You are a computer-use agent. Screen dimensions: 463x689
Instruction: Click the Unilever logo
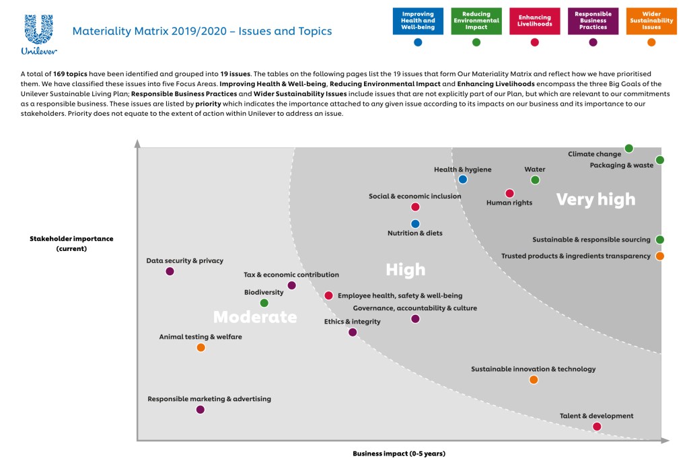click(x=38, y=34)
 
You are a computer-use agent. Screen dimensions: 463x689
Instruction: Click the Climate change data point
click(x=629, y=148)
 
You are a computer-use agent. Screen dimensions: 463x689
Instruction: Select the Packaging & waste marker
click(x=660, y=160)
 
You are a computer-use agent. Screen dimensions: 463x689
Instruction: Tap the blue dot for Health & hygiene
click(x=463, y=179)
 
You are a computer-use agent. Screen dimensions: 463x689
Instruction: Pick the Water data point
click(x=535, y=180)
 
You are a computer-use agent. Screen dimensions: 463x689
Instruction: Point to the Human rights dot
click(x=509, y=193)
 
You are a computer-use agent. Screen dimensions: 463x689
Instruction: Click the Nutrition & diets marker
click(x=415, y=223)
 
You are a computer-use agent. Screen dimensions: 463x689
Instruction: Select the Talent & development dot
click(x=597, y=427)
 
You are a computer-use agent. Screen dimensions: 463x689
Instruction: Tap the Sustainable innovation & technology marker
click(x=534, y=380)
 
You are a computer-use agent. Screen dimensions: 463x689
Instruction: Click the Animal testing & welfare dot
click(x=201, y=347)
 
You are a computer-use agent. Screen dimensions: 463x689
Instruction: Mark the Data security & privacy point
click(x=170, y=271)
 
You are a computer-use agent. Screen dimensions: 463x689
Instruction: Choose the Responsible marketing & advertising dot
click(x=200, y=409)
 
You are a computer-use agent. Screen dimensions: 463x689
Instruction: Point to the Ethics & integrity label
click(x=352, y=322)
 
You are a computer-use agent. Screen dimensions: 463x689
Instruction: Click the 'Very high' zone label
click(x=595, y=199)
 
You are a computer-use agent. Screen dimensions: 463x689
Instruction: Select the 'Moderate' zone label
click(x=255, y=316)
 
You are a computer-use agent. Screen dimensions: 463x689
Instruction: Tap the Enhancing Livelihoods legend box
click(x=535, y=21)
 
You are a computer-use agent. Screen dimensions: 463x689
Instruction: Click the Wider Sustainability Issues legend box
click(x=651, y=21)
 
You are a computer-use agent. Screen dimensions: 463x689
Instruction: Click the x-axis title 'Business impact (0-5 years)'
click(x=399, y=454)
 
